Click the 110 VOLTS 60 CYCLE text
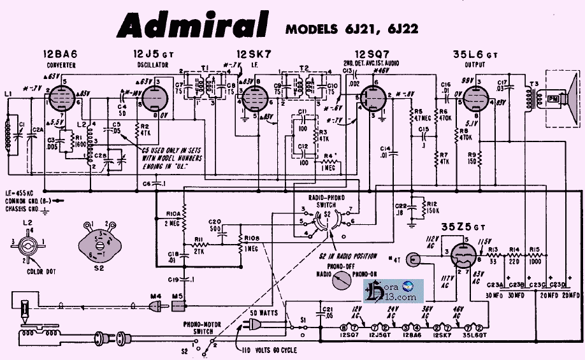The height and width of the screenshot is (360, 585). pos(269,350)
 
